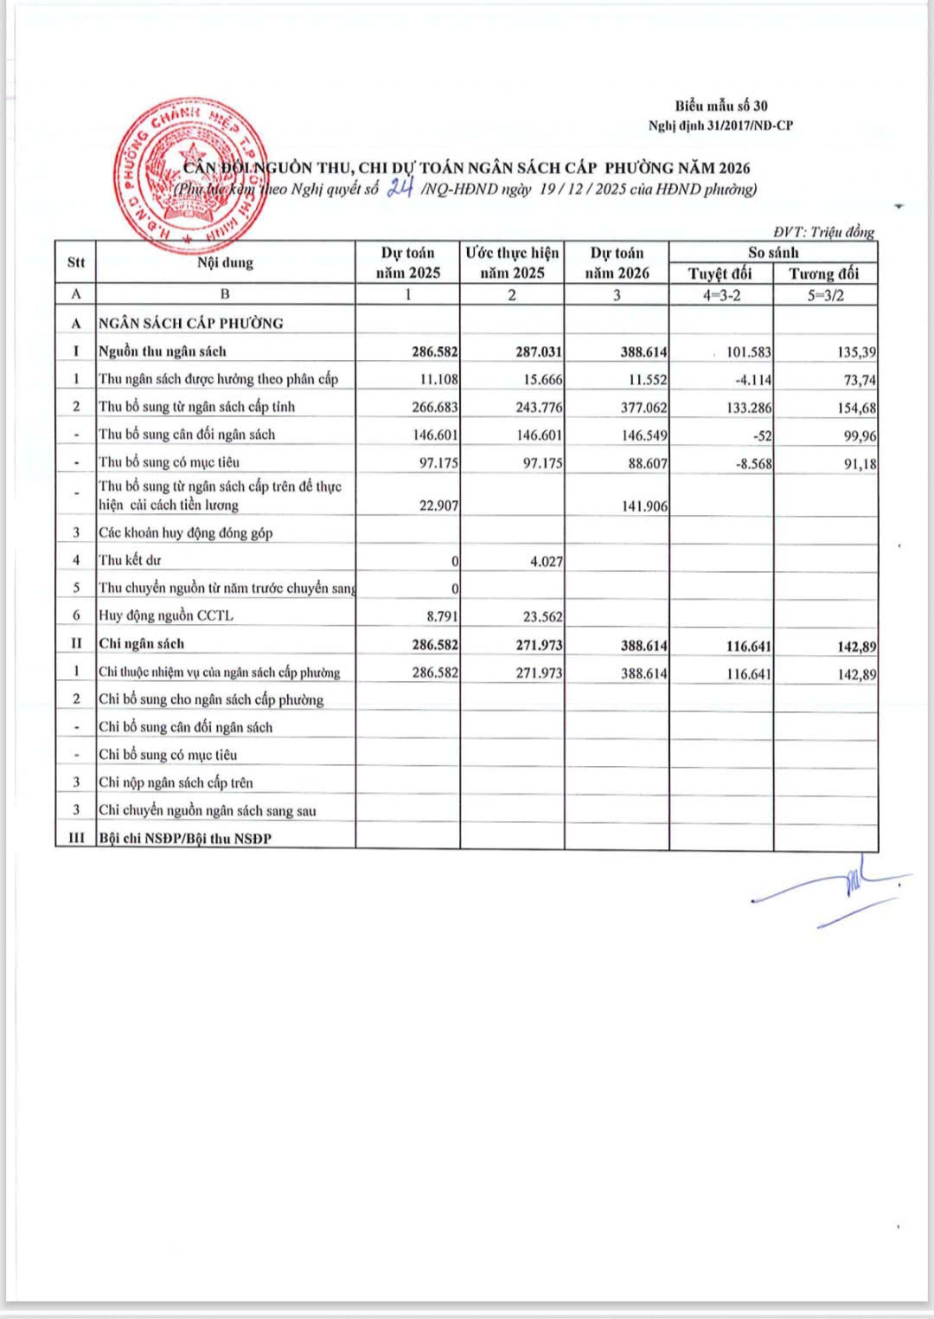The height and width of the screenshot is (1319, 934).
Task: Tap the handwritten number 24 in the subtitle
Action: pyautogui.click(x=400, y=188)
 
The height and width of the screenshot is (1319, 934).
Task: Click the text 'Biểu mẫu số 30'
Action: pyautogui.click(x=721, y=106)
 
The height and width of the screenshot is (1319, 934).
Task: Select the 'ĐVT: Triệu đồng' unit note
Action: pyautogui.click(x=823, y=232)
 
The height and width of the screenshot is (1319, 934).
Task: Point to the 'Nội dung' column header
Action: pyautogui.click(x=225, y=262)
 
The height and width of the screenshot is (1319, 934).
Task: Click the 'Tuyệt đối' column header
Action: pyautogui.click(x=720, y=273)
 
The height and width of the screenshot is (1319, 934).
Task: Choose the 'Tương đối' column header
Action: pyautogui.click(x=824, y=273)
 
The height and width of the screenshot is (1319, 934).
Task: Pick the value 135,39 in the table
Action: pyautogui.click(x=856, y=352)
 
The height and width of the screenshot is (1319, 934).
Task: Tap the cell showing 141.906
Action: pyautogui.click(x=644, y=505)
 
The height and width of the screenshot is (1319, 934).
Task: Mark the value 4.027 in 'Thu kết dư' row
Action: pyautogui.click(x=546, y=561)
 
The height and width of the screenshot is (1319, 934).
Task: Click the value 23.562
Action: pyautogui.click(x=541, y=616)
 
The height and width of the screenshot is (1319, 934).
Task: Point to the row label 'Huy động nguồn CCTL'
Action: pyautogui.click(x=165, y=615)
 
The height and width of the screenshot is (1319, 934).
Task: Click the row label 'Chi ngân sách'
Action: pyautogui.click(x=141, y=643)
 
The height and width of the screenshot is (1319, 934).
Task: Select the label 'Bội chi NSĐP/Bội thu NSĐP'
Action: pyautogui.click(x=184, y=838)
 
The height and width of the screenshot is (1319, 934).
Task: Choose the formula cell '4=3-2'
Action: pyautogui.click(x=720, y=295)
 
